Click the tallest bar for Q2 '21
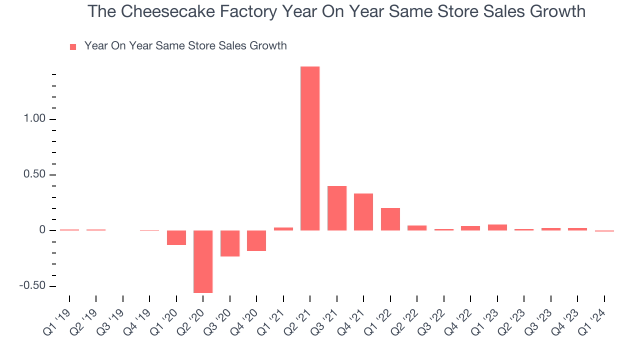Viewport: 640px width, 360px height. click(310, 148)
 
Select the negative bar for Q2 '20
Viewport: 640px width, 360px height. click(203, 261)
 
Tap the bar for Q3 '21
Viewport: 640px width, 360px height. click(337, 208)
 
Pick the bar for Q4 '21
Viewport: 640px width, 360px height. click(363, 212)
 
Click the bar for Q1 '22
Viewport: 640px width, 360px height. click(390, 219)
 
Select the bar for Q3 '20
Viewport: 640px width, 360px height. click(230, 243)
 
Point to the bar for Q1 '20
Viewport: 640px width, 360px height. click(176, 237)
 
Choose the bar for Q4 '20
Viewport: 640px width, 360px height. click(256, 240)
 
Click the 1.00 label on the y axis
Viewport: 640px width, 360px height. click(32, 119)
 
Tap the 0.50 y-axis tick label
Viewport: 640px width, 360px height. click(32, 175)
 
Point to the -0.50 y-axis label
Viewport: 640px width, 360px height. click(31, 286)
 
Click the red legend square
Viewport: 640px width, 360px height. click(73, 47)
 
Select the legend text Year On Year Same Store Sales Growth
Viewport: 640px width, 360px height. click(185, 46)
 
